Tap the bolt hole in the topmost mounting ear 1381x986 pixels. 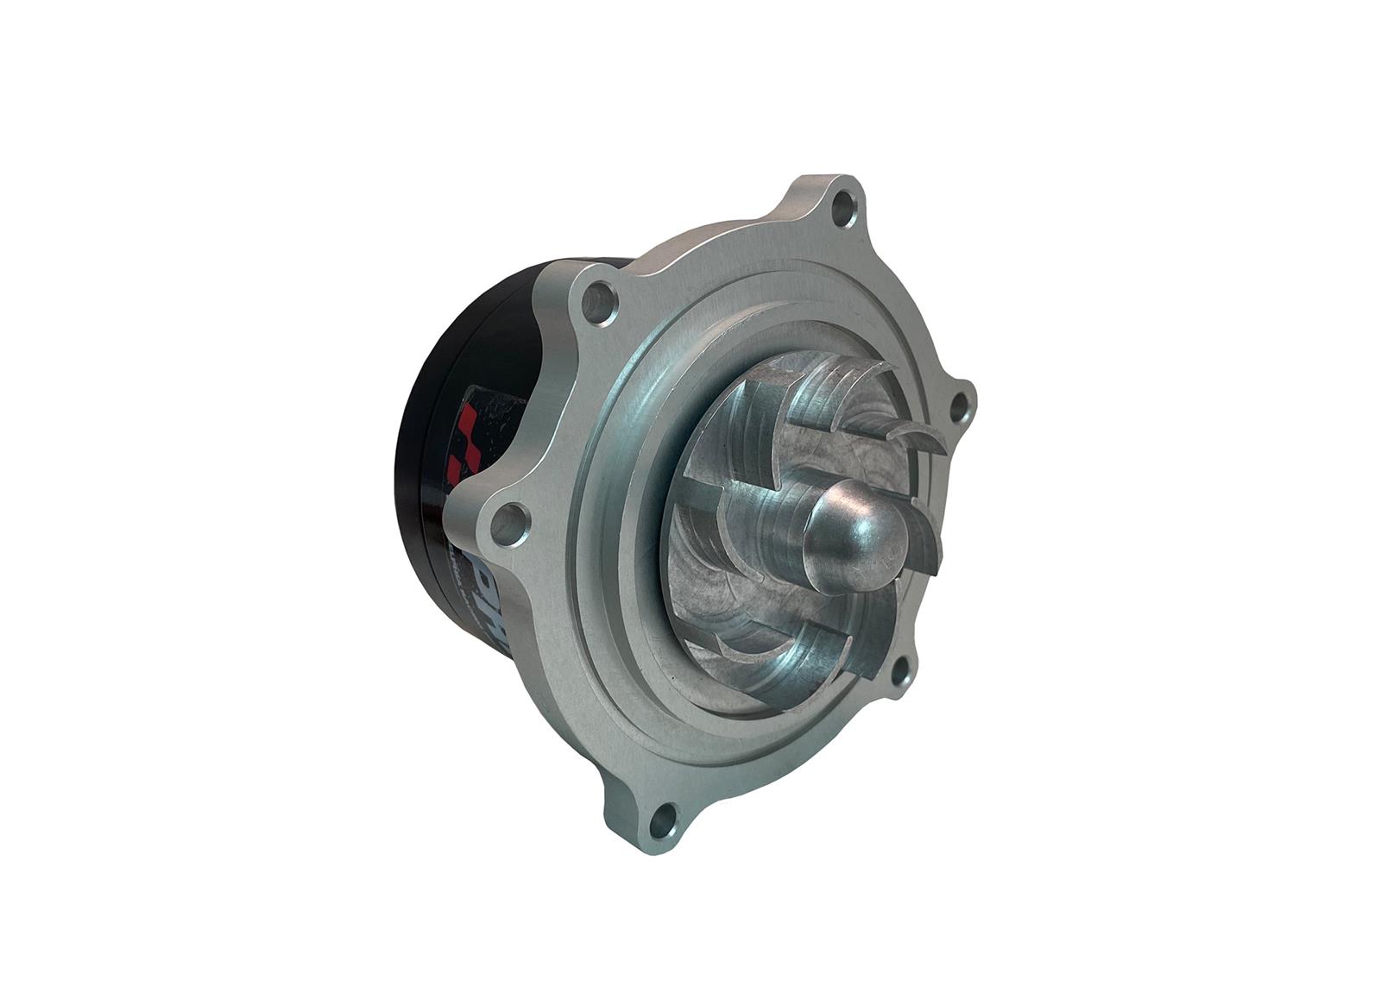842,206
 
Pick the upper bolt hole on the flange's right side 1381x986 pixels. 958,403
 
